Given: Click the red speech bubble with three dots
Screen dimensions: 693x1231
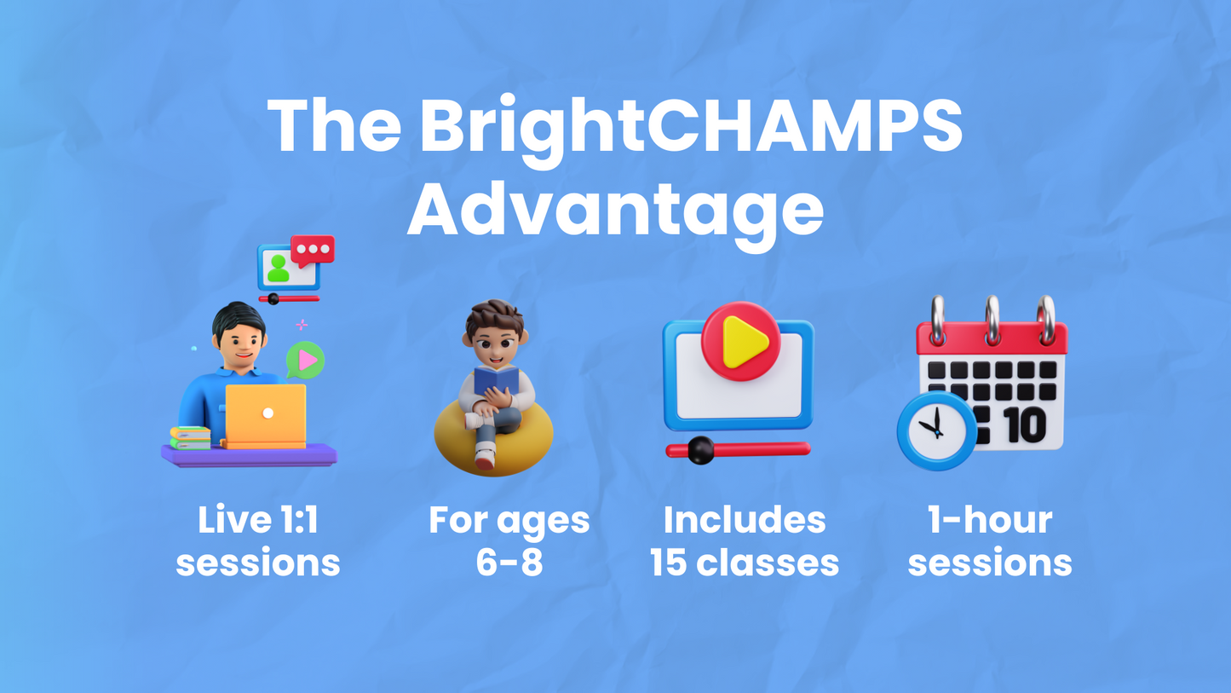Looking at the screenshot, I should [313, 250].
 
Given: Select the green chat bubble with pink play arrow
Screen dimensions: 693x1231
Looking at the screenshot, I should [306, 360].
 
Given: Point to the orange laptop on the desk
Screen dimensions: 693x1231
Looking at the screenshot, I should [266, 414].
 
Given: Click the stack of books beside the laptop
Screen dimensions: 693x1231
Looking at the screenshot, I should [190, 437].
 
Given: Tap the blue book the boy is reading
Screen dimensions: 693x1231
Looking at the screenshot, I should [496, 380].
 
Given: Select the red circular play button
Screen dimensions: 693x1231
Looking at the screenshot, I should [740, 341].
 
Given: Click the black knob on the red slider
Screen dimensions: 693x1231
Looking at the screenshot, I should [700, 450].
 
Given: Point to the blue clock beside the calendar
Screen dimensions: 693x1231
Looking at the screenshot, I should [937, 430].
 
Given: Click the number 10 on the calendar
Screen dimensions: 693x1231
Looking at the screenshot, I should [1025, 424].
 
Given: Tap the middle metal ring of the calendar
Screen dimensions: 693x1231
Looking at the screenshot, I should [992, 320].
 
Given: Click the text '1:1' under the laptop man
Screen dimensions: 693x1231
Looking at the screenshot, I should [292, 520].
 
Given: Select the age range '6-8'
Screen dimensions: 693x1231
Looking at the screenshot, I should [509, 563].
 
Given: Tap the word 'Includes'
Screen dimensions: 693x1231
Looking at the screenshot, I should [744, 520].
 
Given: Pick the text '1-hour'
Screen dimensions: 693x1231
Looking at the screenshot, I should [989, 520].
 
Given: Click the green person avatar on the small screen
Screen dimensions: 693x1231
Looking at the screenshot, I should [278, 269].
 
